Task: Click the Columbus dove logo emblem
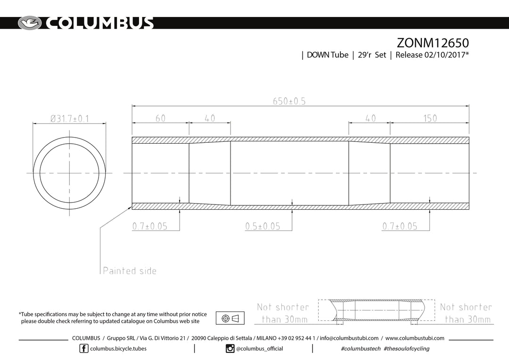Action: point(30,23)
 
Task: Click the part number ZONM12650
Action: point(433,43)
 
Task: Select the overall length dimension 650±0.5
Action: point(289,101)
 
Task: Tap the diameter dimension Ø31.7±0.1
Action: point(69,119)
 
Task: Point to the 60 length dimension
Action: point(160,118)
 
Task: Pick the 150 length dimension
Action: point(430,118)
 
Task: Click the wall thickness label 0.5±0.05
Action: point(263,226)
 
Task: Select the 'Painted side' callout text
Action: point(130,271)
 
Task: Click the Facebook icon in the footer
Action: point(84,349)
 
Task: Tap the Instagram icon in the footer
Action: point(230,349)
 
